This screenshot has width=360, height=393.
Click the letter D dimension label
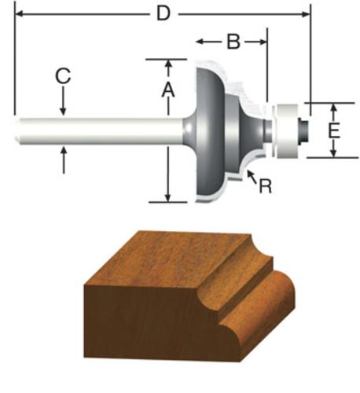point(163,13)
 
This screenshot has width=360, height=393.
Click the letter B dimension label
point(233,42)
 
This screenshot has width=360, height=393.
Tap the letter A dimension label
point(168,90)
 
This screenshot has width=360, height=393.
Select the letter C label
point(63,76)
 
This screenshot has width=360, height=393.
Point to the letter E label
point(333,130)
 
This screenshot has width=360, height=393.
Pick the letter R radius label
point(265,186)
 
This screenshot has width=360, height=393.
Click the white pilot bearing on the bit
point(287,130)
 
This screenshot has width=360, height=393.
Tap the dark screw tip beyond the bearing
point(303,130)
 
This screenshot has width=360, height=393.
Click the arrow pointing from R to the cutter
point(252,177)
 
